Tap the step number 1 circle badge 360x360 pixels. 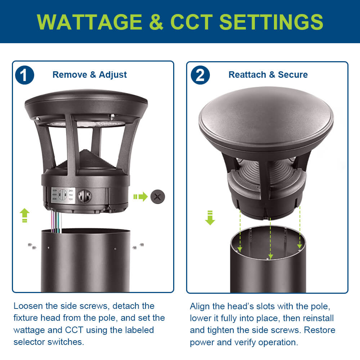(x=25, y=75)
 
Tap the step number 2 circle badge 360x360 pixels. (x=200, y=75)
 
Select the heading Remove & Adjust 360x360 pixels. (x=90, y=75)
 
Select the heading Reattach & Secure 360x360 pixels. (x=268, y=75)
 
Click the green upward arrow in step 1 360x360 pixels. (x=24, y=215)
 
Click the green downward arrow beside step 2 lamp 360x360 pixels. (x=210, y=218)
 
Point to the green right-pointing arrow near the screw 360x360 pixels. (x=140, y=197)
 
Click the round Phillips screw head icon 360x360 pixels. (x=157, y=196)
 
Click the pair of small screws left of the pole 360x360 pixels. (x=32, y=246)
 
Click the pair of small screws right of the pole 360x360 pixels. (x=138, y=246)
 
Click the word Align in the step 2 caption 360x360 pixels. (x=200, y=306)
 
